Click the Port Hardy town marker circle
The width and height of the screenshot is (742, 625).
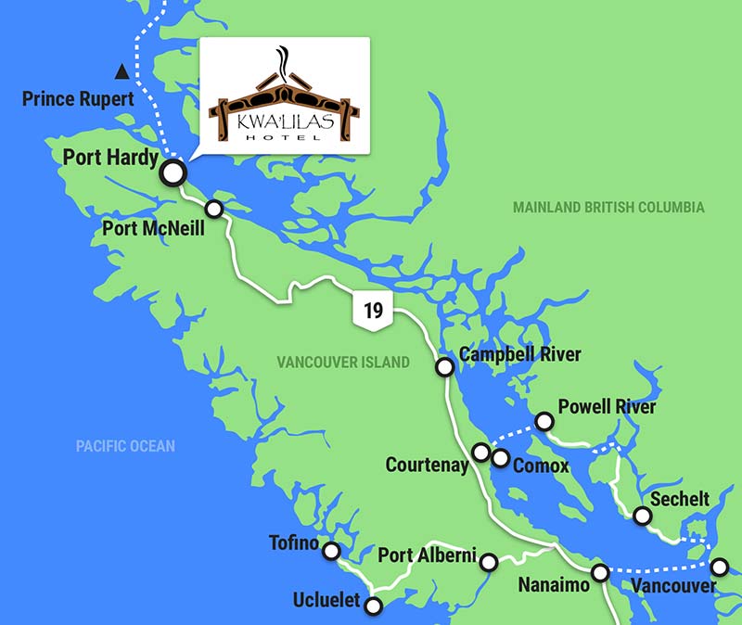click(x=173, y=172)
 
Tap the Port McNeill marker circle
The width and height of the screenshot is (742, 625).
click(x=214, y=209)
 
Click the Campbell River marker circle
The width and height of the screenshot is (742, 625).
click(x=445, y=367)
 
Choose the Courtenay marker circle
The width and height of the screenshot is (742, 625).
click(x=481, y=452)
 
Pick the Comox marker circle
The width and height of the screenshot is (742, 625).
click(x=501, y=458)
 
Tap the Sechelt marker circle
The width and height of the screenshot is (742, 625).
click(x=641, y=517)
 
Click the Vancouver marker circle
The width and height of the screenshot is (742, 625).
click(x=720, y=566)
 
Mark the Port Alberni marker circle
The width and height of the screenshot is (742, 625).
click(x=489, y=561)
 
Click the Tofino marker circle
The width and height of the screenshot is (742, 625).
click(x=331, y=552)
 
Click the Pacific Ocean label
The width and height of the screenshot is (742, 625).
click(x=125, y=446)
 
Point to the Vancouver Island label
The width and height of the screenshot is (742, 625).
click(x=342, y=363)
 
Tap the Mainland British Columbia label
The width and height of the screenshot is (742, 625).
click(x=608, y=208)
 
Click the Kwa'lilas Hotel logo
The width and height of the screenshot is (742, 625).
click(x=284, y=95)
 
